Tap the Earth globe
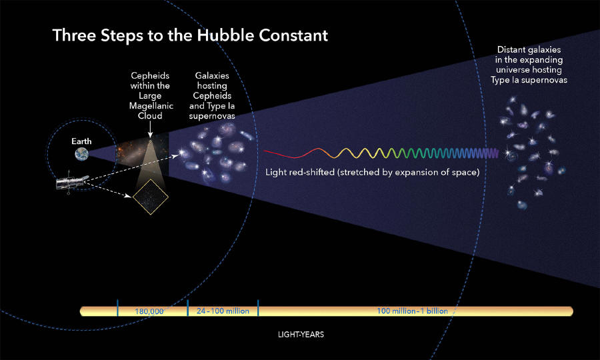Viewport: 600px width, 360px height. coord(82,154)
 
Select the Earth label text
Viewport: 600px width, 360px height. coord(81,141)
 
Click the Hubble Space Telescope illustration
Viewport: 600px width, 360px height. coord(71,183)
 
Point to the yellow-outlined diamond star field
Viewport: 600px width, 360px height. coord(151,197)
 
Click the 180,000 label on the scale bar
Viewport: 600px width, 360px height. coord(149,311)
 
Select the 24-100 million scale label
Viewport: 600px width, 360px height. coord(223,311)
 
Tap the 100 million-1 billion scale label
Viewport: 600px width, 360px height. coord(412,311)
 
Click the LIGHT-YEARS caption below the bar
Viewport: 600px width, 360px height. coord(301,335)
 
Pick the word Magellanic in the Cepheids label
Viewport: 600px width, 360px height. coord(151,105)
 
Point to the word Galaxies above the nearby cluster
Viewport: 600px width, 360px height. coord(212,75)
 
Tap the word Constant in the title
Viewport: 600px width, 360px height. coord(293,35)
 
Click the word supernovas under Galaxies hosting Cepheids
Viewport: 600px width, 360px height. coord(212,116)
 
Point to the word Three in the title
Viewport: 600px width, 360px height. coord(74,35)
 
